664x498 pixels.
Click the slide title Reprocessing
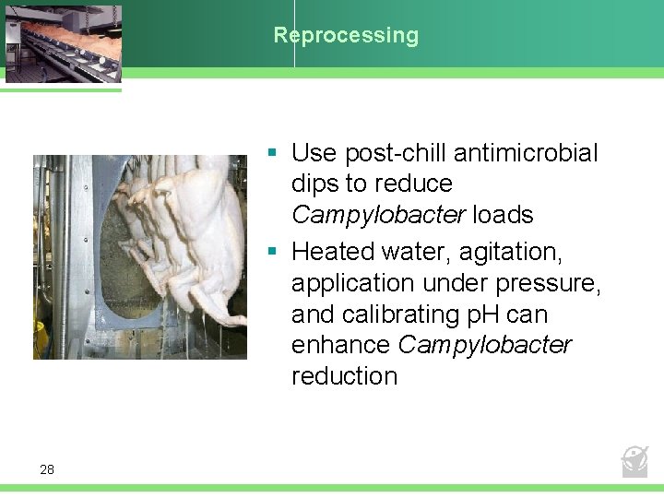(x=346, y=36)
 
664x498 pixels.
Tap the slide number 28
(x=47, y=470)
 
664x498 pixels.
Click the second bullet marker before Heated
(x=273, y=251)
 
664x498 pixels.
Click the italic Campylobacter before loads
(x=378, y=216)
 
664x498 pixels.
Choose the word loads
(x=503, y=216)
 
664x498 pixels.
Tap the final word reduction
(x=344, y=376)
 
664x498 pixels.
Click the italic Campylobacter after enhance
(x=485, y=346)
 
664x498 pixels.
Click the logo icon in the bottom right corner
(x=634, y=460)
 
